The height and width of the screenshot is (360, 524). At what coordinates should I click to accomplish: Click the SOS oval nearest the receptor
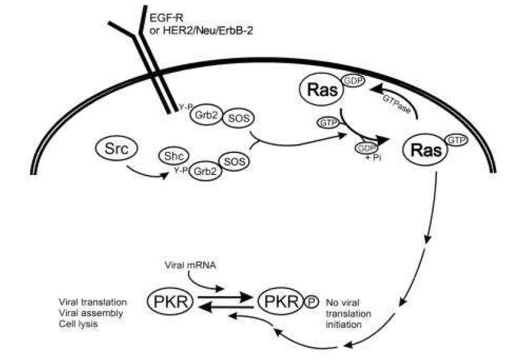[232, 119]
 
